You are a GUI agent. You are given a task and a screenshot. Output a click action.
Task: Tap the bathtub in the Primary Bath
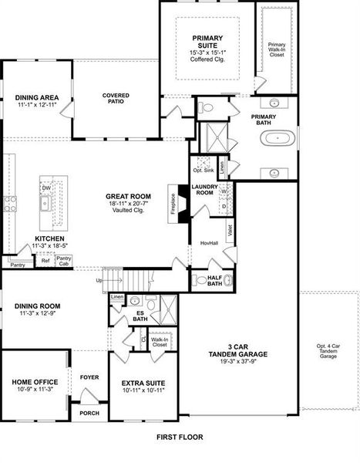pos(277,140)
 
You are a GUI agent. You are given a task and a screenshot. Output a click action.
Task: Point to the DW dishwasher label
pos(45,187)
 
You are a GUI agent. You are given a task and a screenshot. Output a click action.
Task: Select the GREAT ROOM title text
pos(128,196)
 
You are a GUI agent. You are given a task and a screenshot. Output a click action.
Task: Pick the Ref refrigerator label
pos(45,261)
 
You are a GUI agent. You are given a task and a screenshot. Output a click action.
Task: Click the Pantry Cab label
pos(64,261)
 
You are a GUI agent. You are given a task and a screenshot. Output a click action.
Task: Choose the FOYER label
pos(89,377)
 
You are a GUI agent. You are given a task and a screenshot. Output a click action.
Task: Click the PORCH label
pos(89,413)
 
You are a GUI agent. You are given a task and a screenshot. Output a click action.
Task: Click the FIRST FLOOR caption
pos(180,437)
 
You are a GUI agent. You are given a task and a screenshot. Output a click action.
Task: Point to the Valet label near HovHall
pos(230,229)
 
